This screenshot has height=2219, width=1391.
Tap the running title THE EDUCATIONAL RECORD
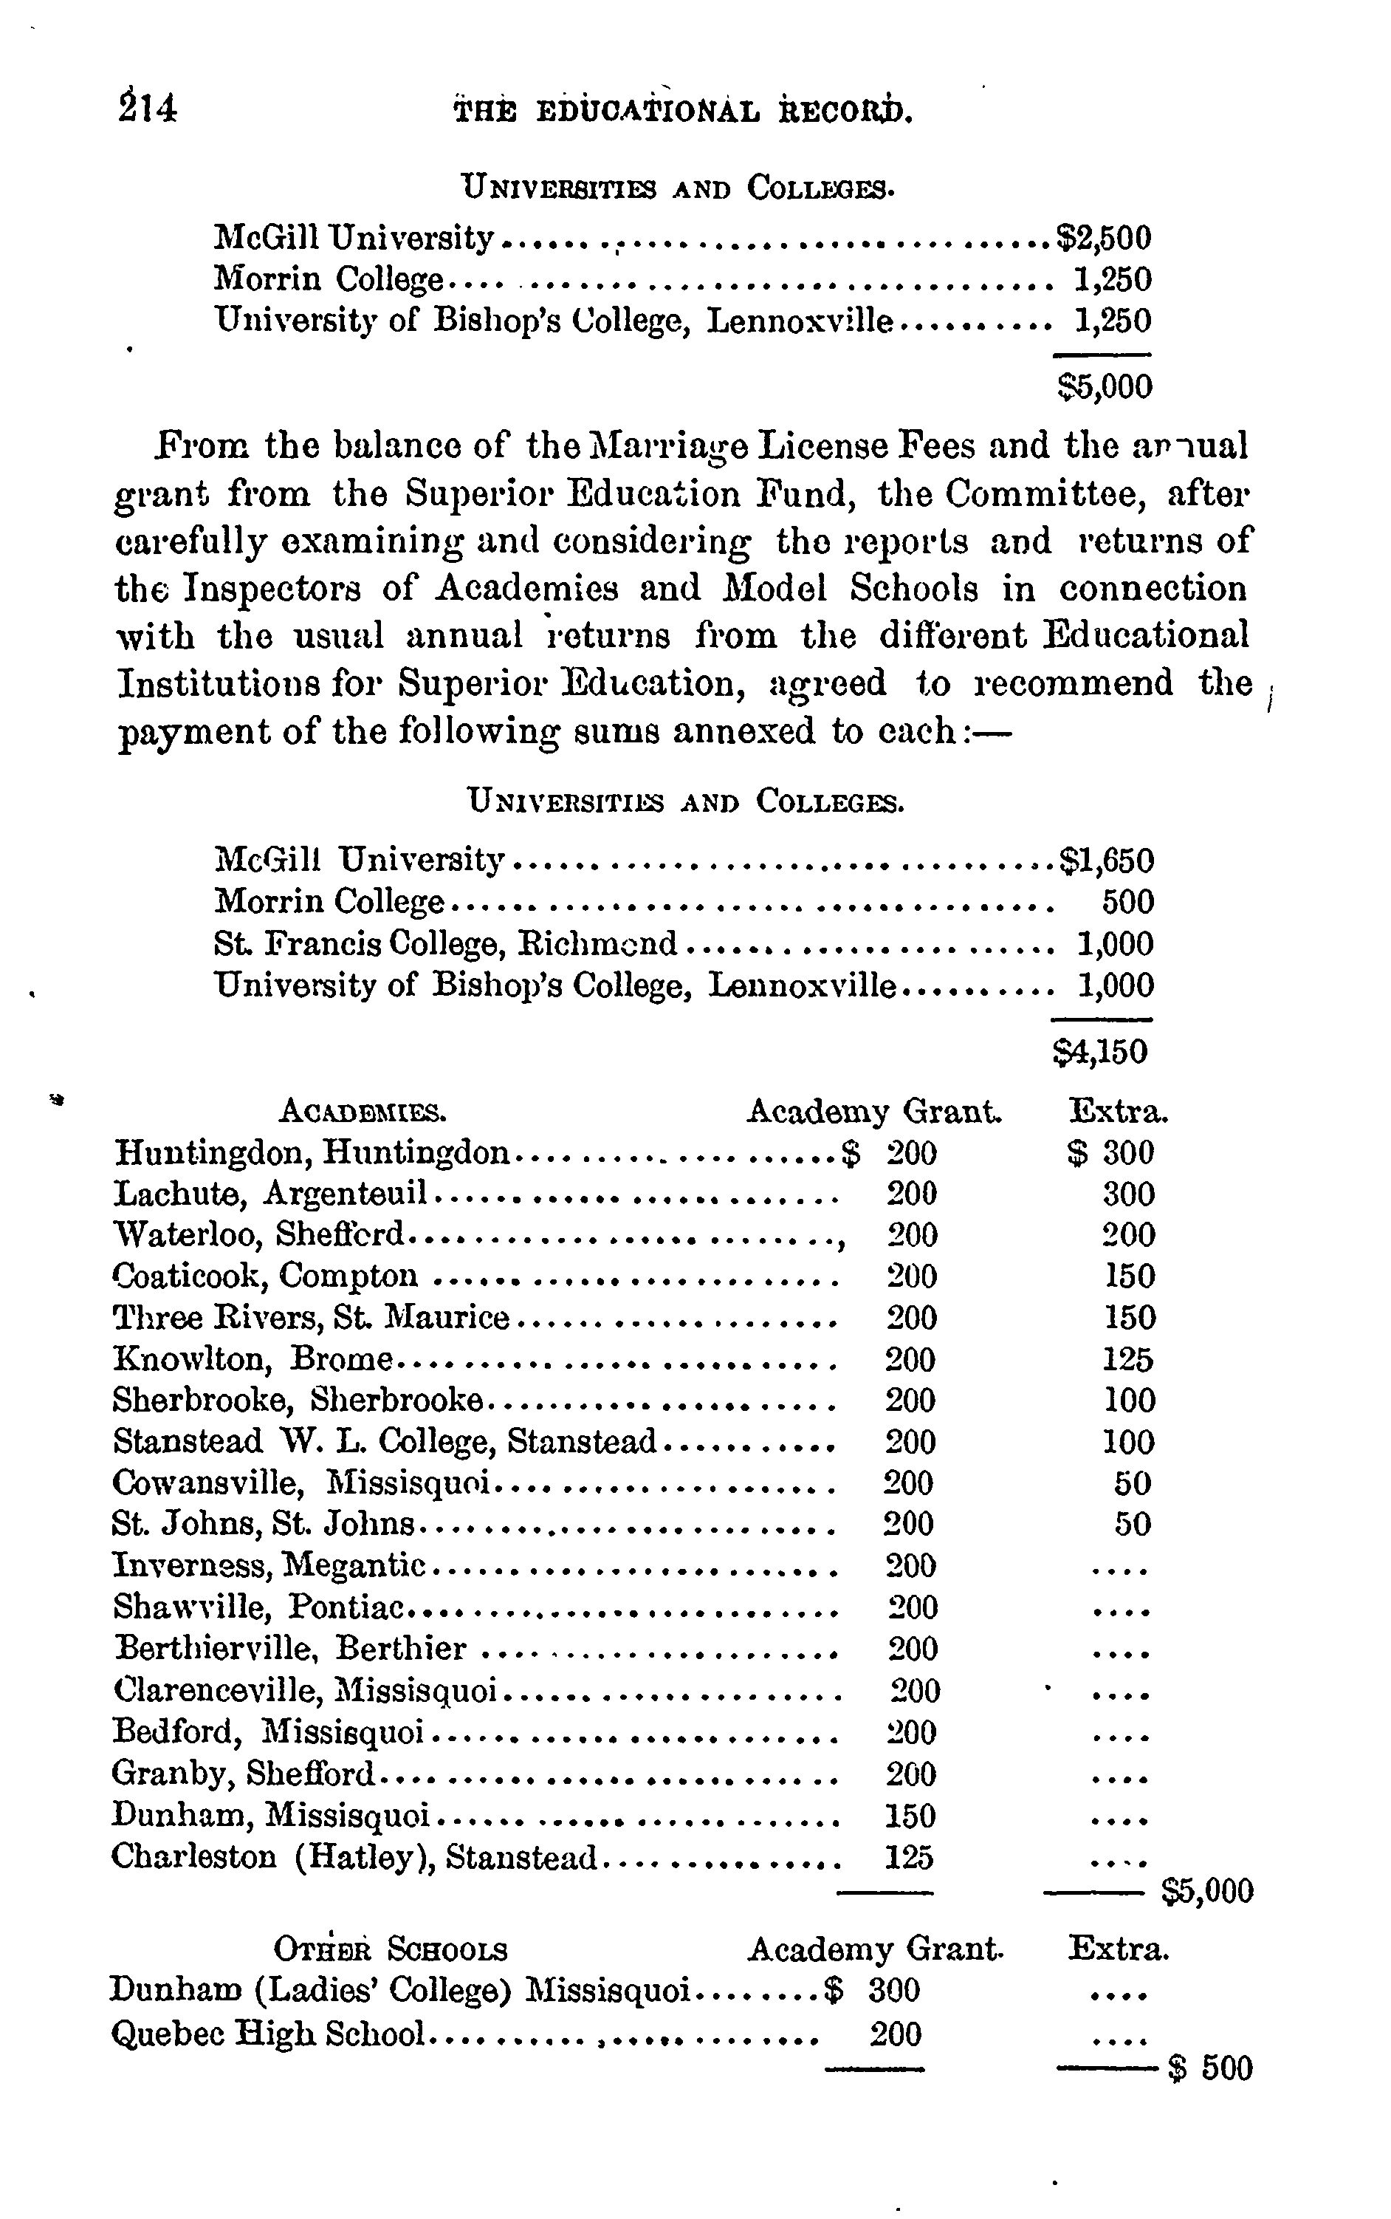click(683, 112)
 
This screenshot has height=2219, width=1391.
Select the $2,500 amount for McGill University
click(1104, 239)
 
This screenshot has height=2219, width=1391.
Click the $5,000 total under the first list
click(1104, 386)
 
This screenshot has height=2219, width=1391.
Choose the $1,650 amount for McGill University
click(1106, 861)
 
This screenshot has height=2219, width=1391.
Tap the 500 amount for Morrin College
click(1128, 901)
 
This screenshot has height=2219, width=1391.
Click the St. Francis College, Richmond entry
click(445, 943)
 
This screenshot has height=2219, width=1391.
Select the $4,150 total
click(1100, 1051)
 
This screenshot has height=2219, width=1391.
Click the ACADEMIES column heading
click(363, 1112)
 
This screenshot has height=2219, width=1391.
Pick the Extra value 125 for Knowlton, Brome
click(1128, 1359)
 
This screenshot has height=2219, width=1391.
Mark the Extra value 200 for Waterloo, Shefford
click(1129, 1234)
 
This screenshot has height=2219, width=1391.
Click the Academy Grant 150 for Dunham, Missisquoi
click(909, 1816)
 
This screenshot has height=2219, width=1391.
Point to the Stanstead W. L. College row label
click(384, 1440)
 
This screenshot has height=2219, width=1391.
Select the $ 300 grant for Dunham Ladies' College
click(874, 1991)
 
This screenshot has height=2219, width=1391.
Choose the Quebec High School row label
click(268, 2033)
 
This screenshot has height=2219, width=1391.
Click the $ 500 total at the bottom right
click(1211, 2068)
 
